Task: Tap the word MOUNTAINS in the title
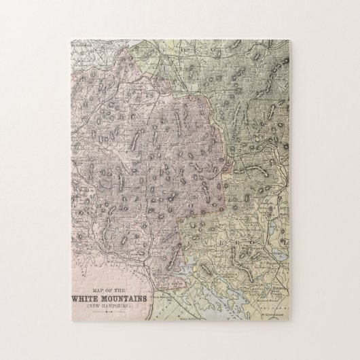tap(124, 299)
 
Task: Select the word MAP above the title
tap(97, 290)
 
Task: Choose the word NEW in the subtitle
tap(93, 306)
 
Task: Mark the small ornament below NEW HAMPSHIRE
tap(108, 311)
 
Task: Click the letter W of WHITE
tap(74, 299)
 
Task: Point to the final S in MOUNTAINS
tap(145, 299)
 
